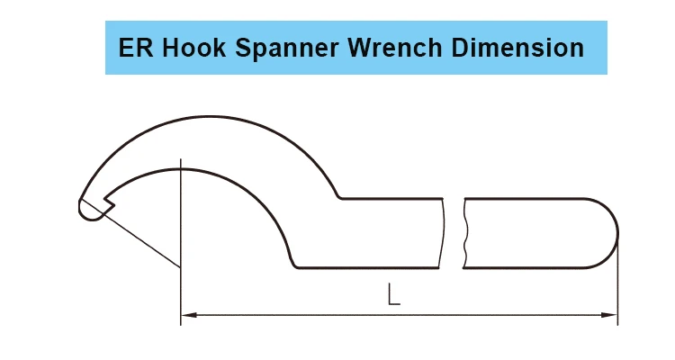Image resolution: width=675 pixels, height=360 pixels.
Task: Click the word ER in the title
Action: click(x=131, y=48)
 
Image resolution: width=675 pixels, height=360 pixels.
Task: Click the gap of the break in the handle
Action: click(x=454, y=232)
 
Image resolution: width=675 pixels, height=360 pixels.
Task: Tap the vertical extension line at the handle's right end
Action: click(x=618, y=288)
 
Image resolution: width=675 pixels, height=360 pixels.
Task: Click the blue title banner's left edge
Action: click(x=106, y=48)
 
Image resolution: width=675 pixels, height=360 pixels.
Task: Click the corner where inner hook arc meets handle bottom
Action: click(x=296, y=266)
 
